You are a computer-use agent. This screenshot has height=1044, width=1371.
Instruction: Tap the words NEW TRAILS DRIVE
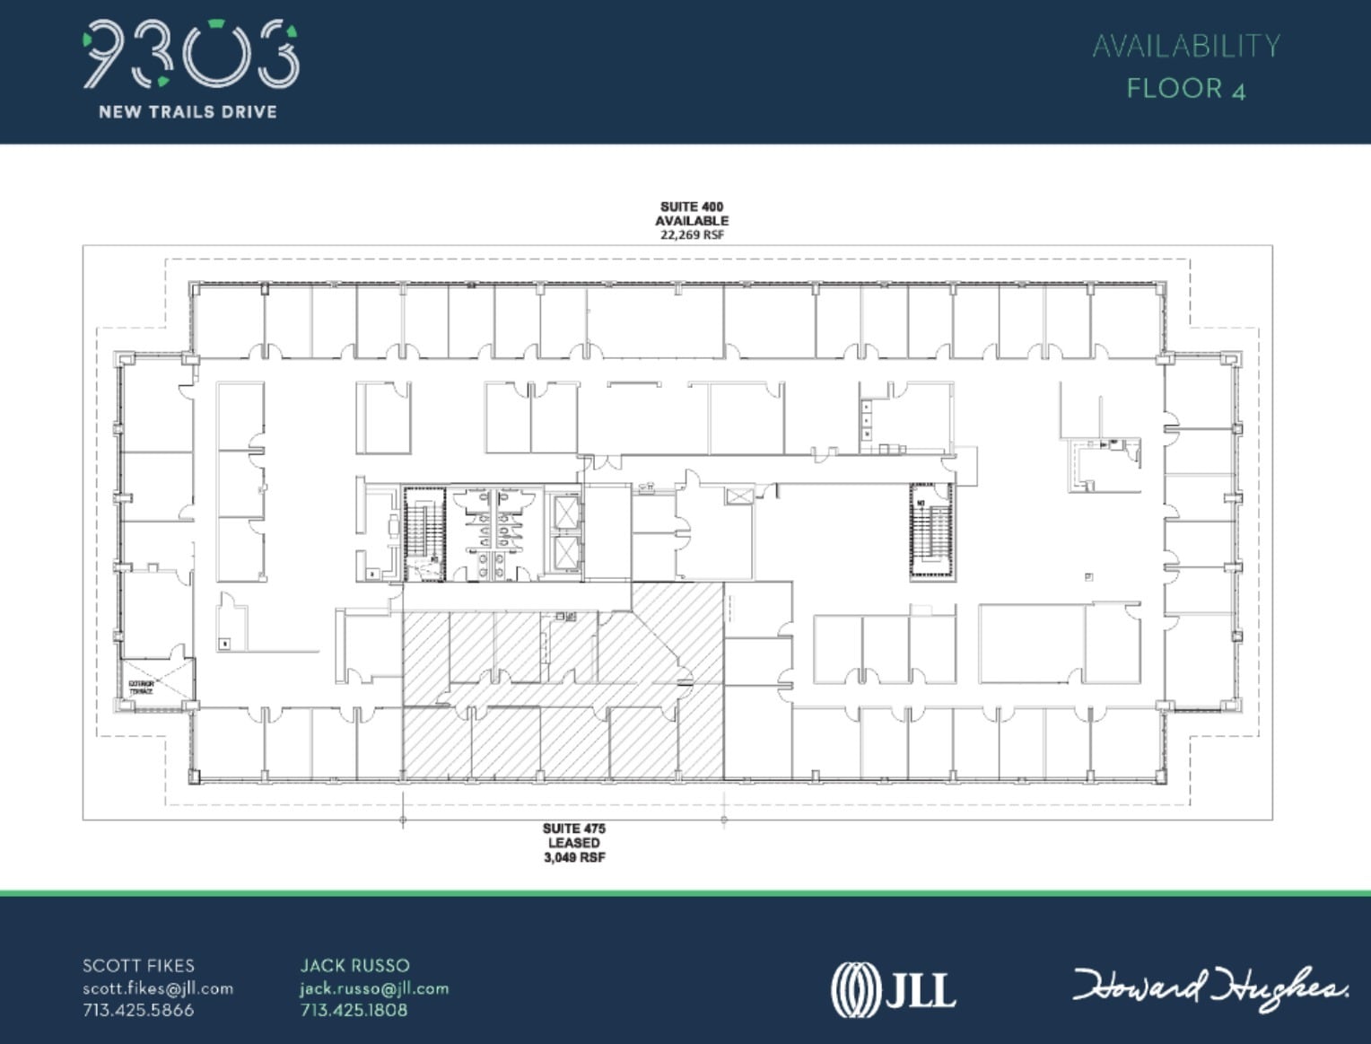point(188,112)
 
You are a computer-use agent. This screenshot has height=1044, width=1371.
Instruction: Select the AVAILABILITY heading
point(1185,46)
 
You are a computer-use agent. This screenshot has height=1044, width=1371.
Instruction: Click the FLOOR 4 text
point(1185,88)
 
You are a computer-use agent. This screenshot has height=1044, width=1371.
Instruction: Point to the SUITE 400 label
point(691,206)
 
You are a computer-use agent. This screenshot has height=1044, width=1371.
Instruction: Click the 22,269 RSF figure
point(691,235)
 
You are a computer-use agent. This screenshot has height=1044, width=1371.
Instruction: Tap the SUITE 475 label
point(573,829)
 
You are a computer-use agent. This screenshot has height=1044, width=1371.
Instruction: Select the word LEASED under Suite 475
point(573,843)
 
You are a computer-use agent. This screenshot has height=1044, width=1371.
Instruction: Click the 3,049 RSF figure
point(573,857)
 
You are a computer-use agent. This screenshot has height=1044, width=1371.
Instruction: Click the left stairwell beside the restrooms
point(424,532)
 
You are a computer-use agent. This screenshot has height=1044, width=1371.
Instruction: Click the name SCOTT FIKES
point(138,966)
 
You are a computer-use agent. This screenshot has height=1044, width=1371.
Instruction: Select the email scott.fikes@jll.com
point(158,988)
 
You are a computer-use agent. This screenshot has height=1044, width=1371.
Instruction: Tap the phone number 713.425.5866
point(138,1010)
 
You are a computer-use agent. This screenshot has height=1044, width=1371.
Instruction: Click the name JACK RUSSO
point(354,966)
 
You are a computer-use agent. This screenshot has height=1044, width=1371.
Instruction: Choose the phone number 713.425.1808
point(354,1010)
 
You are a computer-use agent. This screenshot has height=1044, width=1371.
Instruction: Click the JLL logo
point(893,989)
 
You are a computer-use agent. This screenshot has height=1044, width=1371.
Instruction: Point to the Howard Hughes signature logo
point(1209,987)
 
